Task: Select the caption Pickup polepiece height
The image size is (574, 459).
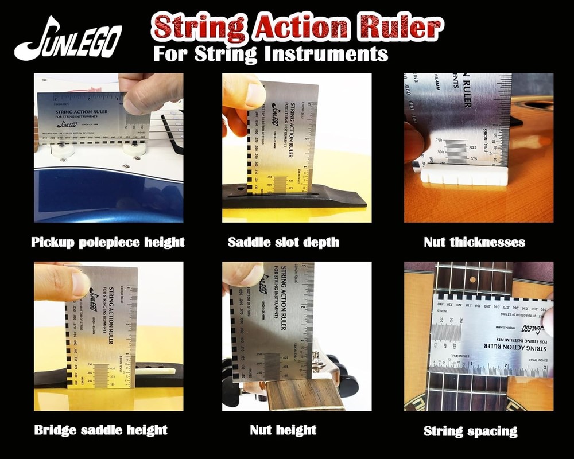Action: [108, 242]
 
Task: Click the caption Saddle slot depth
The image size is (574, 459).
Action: [284, 242]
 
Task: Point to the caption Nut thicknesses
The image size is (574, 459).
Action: [474, 242]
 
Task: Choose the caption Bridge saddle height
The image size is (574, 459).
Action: [101, 430]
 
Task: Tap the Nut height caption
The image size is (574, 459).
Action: [283, 429]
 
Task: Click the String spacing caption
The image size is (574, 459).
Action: [470, 431]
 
